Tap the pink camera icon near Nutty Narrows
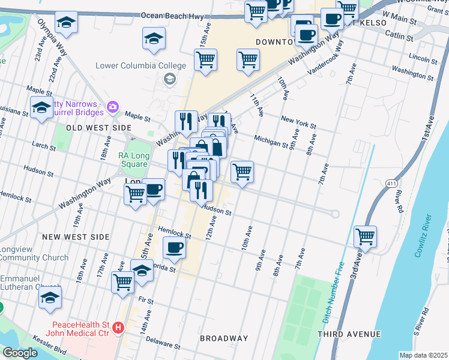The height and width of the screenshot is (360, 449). pyautogui.click(x=112, y=107)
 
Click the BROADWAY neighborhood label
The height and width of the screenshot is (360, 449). pyautogui.click(x=224, y=338)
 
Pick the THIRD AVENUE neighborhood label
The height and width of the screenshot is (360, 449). pyautogui.click(x=349, y=334)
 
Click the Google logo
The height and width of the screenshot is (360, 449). pyautogui.click(x=20, y=353)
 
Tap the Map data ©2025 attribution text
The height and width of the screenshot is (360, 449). pyautogui.click(x=423, y=355)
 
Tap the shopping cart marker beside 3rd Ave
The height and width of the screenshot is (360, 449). pyautogui.click(x=365, y=236)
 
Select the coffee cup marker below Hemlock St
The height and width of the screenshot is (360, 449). pyautogui.click(x=174, y=247)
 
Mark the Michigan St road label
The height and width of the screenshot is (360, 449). pyautogui.click(x=271, y=141)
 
